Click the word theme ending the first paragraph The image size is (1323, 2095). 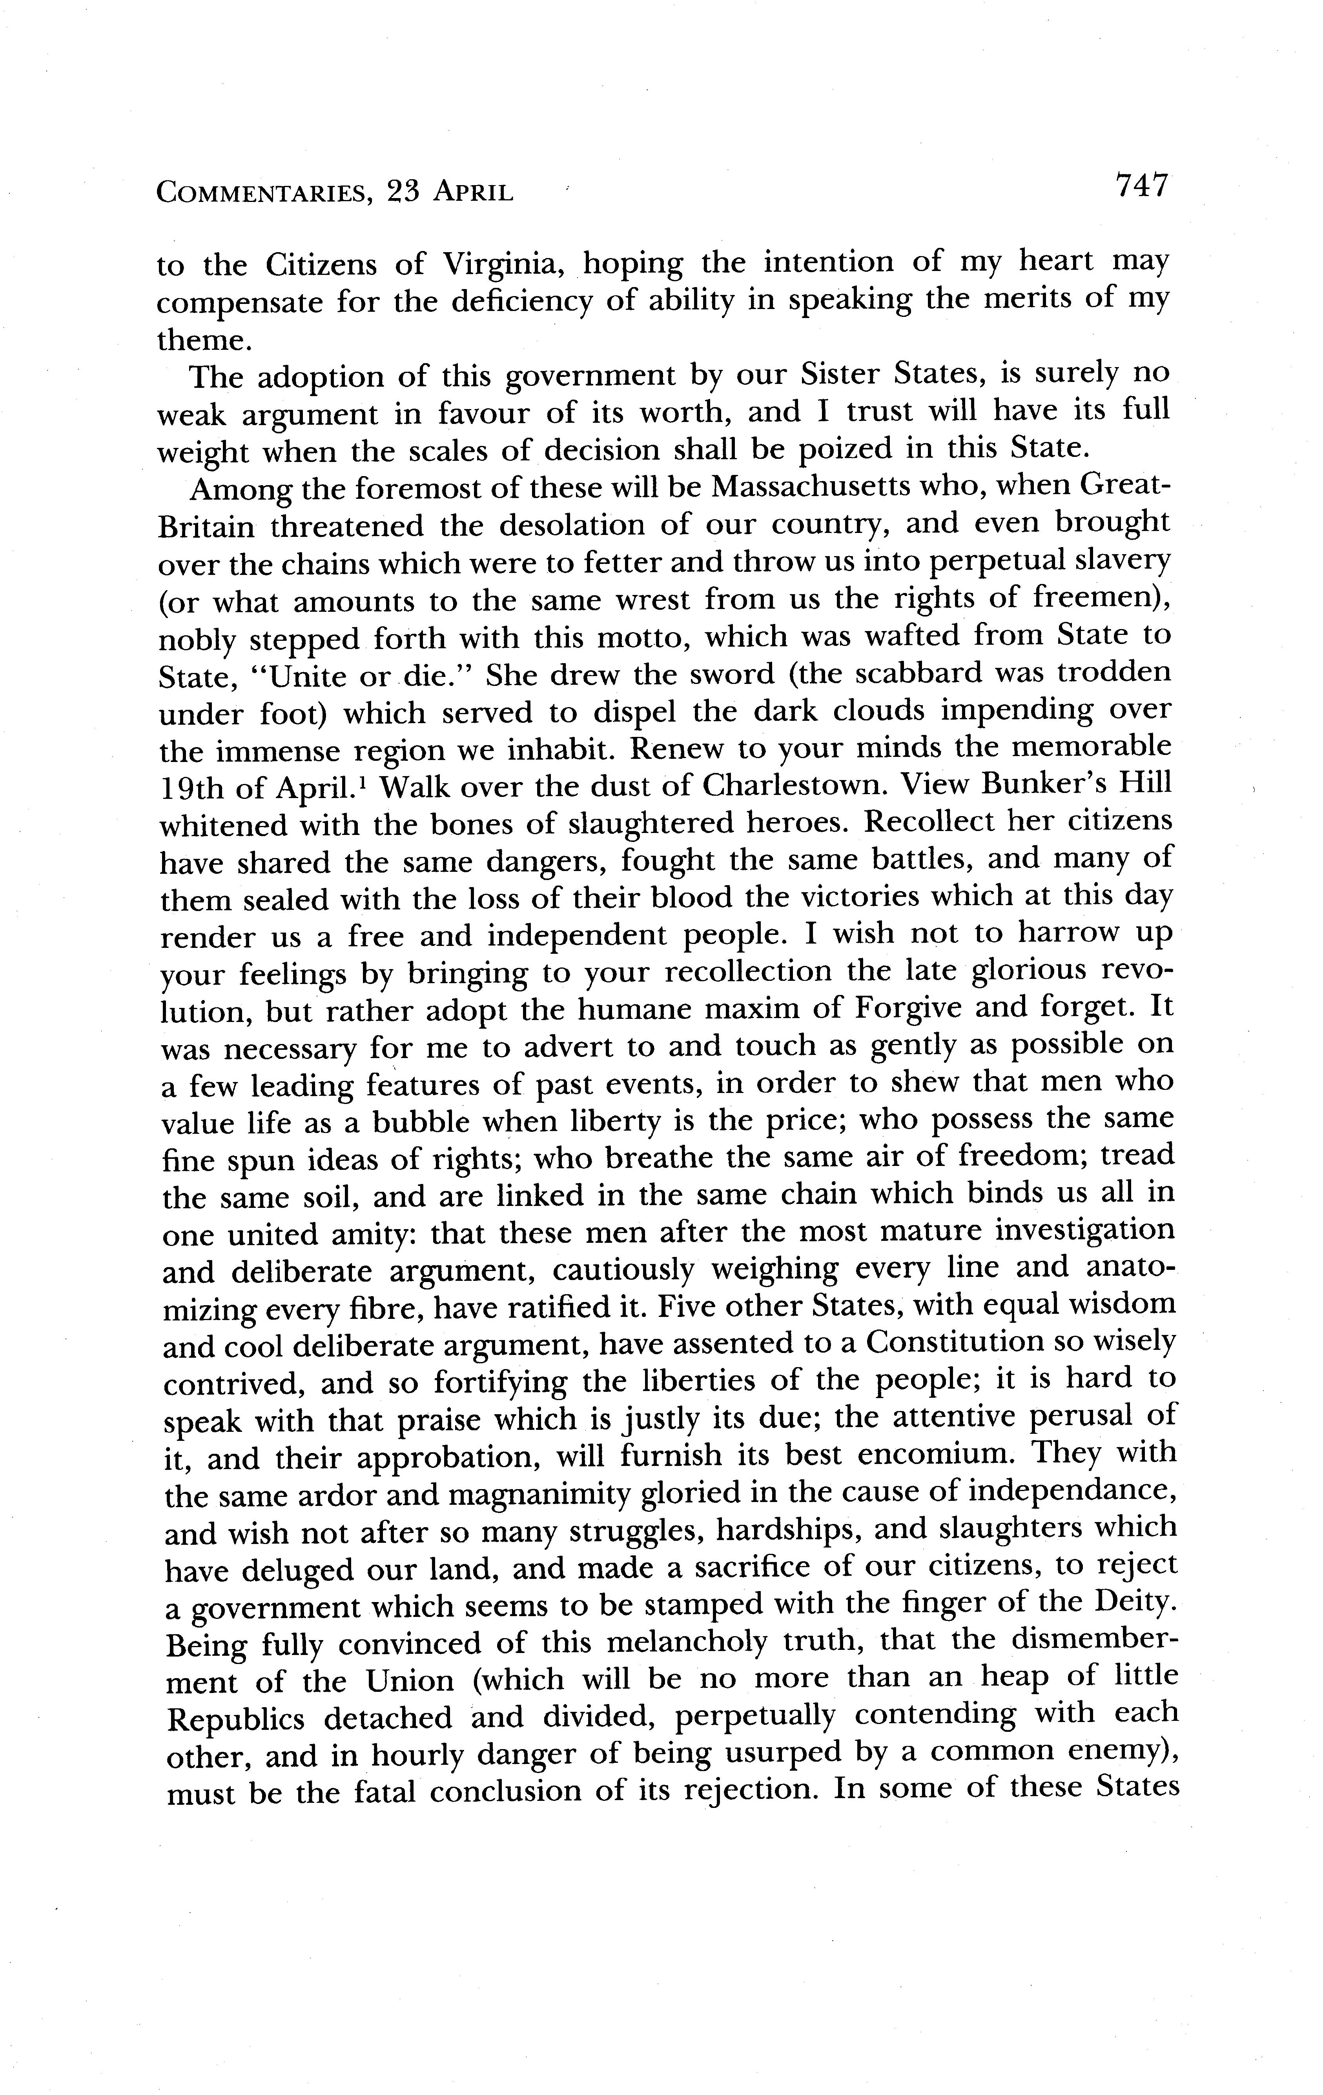pos(204,339)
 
